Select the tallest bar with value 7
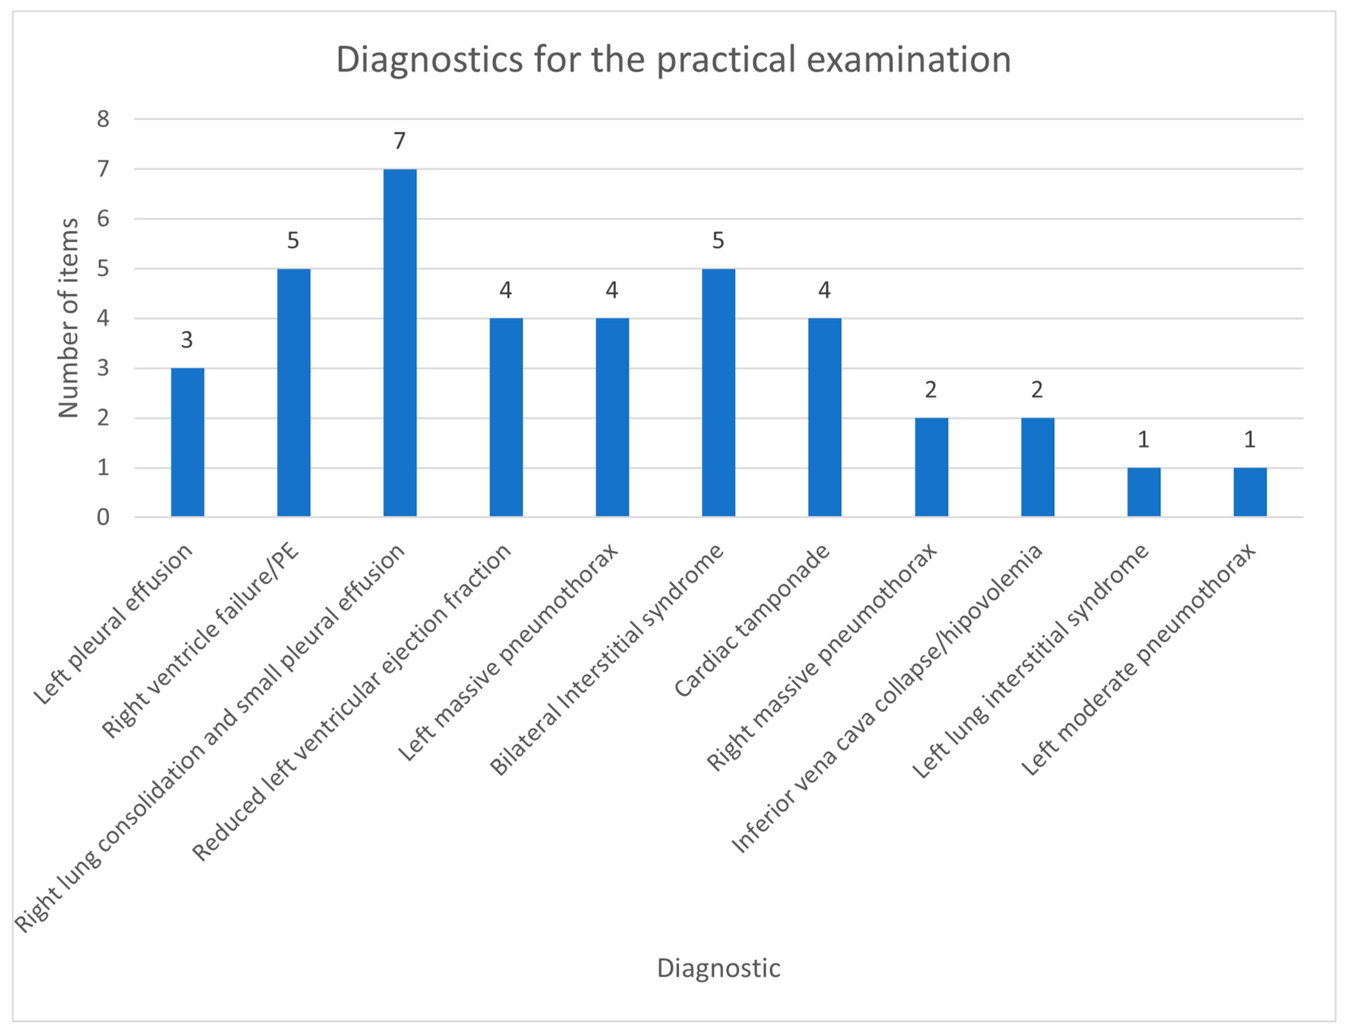click(400, 343)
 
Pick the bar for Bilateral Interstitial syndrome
click(719, 393)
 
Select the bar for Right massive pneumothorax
click(931, 467)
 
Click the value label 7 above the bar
click(400, 141)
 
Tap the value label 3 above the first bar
click(187, 340)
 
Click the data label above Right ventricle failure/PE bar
click(293, 241)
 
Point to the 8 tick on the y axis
click(103, 119)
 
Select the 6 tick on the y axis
click(103, 219)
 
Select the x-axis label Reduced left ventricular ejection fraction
click(351, 703)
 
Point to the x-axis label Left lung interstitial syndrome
click(1030, 661)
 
